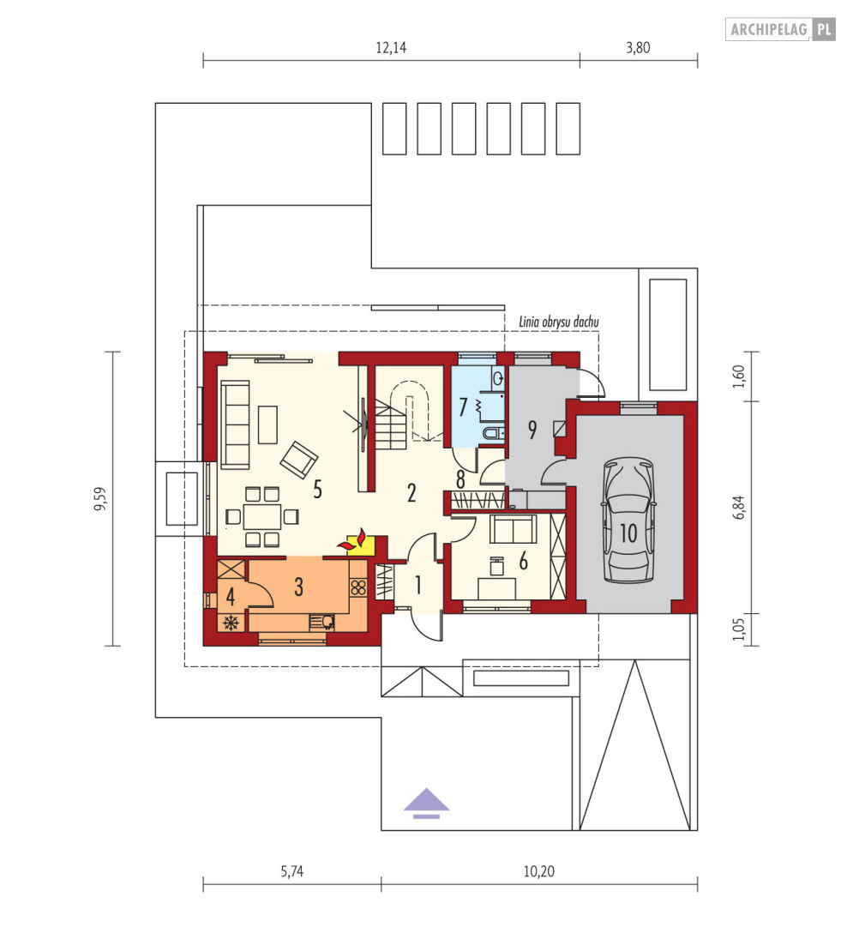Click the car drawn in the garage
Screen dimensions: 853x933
[628, 520]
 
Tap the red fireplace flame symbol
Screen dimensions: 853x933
[352, 539]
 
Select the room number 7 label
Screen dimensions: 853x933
[463, 407]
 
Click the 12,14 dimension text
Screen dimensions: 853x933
[391, 48]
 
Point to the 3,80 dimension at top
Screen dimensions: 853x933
[638, 48]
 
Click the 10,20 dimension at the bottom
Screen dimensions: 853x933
[539, 872]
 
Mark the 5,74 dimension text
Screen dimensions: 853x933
[292, 872]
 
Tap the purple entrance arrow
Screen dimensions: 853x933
[427, 804]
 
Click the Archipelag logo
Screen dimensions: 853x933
[780, 29]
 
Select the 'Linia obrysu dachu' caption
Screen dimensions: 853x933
[559, 322]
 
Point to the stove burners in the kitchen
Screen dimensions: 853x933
[358, 588]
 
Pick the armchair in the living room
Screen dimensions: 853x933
[298, 460]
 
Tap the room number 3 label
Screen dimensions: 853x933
[298, 587]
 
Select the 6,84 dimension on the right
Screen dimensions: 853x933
[739, 507]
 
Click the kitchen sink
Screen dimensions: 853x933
[321, 623]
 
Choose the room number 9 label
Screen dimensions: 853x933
[532, 429]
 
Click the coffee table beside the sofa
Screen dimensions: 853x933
[267, 424]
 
